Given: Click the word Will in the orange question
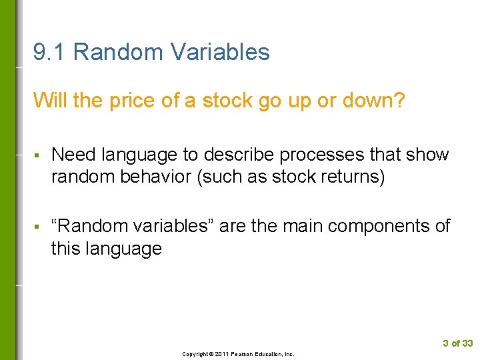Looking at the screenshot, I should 47,101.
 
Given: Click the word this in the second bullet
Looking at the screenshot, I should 66,249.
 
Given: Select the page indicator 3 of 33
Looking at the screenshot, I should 457,343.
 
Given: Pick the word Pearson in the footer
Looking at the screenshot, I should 245,354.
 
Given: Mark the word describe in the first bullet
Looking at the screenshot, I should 238,155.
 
